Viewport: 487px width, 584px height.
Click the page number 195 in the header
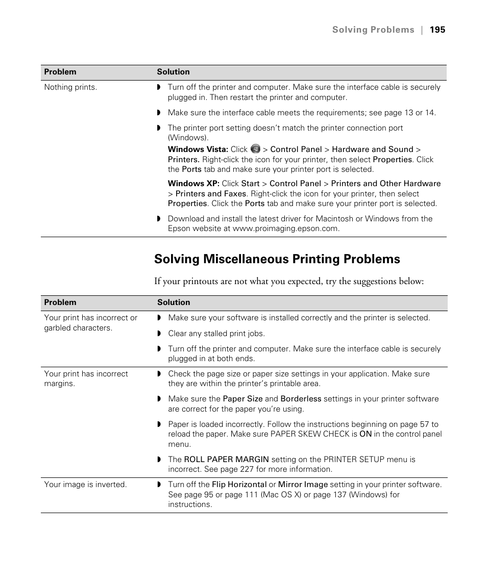coord(437,30)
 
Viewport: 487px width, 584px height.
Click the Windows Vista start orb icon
coord(255,149)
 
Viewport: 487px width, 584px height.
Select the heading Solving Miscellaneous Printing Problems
coord(277,259)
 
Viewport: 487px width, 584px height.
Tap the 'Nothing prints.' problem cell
coord(70,87)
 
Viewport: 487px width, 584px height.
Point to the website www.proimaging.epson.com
coord(285,228)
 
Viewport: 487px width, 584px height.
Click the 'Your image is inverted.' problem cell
coord(85,485)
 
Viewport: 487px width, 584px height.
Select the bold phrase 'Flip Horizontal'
coord(239,485)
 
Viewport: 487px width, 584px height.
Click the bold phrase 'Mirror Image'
coord(303,485)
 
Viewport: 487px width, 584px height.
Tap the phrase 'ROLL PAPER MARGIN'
coord(226,460)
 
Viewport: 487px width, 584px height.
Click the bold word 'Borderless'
coord(301,399)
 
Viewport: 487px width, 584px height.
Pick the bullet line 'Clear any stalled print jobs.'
coord(216,334)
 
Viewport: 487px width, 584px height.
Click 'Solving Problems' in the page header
coord(373,30)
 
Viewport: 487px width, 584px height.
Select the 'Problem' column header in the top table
coord(60,72)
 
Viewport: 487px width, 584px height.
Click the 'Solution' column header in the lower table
coord(174,302)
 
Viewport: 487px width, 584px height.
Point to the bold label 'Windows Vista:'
coord(198,149)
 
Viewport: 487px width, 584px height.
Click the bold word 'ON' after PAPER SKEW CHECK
coord(366,434)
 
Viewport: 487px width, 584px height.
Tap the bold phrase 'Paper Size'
coord(242,399)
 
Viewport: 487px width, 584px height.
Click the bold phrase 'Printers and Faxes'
coord(211,194)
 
